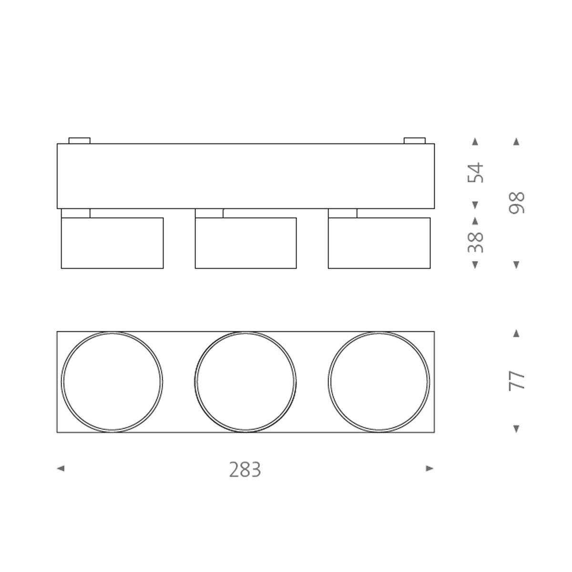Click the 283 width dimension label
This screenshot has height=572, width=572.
pyautogui.click(x=245, y=470)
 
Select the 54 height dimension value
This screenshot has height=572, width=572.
pyautogui.click(x=476, y=173)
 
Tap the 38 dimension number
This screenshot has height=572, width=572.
pyautogui.click(x=476, y=242)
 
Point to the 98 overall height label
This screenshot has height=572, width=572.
pyautogui.click(x=517, y=203)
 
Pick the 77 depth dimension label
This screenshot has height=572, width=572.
pyautogui.click(x=517, y=381)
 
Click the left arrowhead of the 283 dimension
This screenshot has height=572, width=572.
pyautogui.click(x=60, y=469)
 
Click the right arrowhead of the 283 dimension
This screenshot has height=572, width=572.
pyautogui.click(x=429, y=469)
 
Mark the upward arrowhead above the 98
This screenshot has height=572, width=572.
pyautogui.click(x=516, y=142)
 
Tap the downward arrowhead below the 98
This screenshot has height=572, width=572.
pyautogui.click(x=516, y=265)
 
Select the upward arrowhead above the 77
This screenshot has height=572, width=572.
pyautogui.click(x=516, y=333)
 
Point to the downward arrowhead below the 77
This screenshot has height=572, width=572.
pyautogui.click(x=516, y=429)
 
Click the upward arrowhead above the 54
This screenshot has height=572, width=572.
pyautogui.click(x=475, y=142)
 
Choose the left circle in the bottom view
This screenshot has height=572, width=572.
pyautogui.click(x=112, y=382)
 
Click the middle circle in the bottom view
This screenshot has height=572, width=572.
pyautogui.click(x=245, y=382)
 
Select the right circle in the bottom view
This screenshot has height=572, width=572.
pyautogui.click(x=379, y=382)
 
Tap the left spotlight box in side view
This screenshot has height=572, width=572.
pyautogui.click(x=112, y=243)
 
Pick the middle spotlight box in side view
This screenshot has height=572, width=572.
pyautogui.click(x=245, y=243)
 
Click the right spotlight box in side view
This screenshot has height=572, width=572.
pyautogui.click(x=379, y=243)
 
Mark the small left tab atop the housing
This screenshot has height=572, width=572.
pyautogui.click(x=80, y=141)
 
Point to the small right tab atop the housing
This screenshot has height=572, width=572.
pyautogui.click(x=414, y=141)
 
